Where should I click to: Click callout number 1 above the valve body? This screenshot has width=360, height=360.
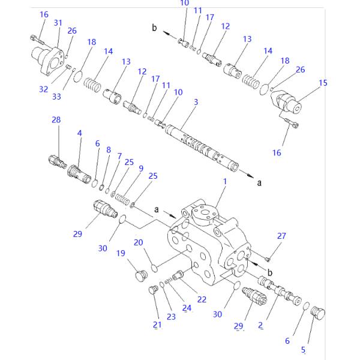[x=225, y=181]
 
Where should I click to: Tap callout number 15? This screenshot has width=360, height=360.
[x=323, y=83]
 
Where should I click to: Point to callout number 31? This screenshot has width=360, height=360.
[x=58, y=23]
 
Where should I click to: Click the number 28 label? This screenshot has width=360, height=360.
[x=56, y=120]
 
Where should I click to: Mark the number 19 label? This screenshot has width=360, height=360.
[x=121, y=253]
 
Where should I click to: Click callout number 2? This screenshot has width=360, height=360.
[x=260, y=325]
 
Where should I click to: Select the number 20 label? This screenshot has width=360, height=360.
[x=138, y=242]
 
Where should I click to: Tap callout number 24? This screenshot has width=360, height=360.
[x=187, y=308]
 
